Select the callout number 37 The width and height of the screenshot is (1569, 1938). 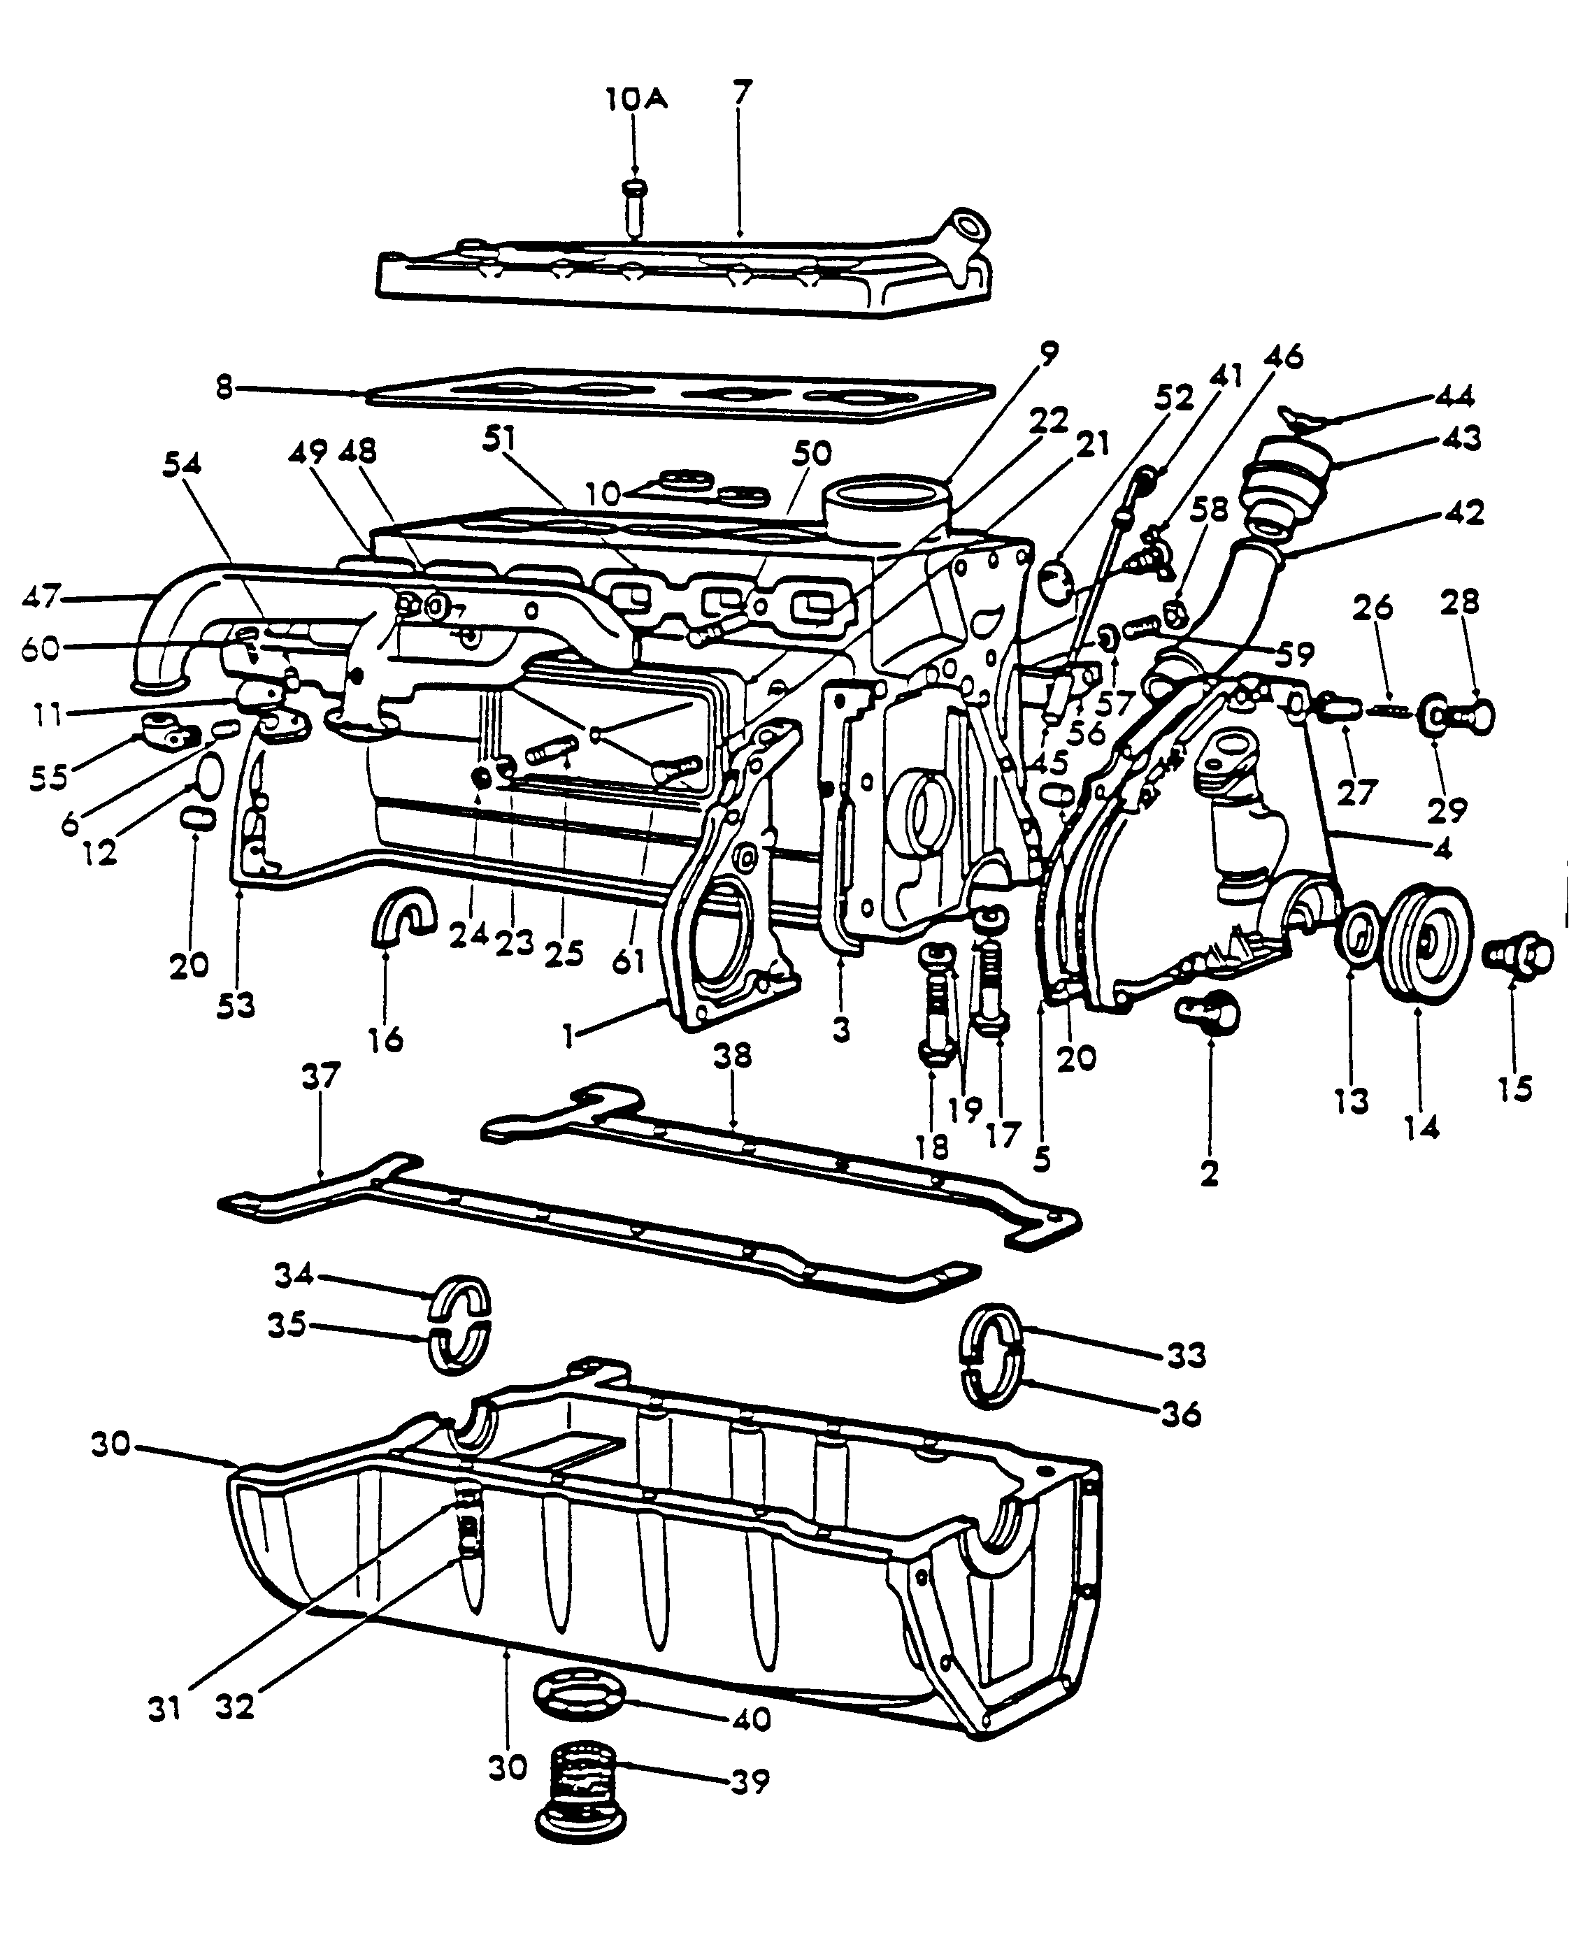click(321, 1077)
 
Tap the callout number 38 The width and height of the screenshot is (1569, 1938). click(732, 1055)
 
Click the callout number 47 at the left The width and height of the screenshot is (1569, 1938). click(41, 596)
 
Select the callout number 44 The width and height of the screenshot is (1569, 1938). click(1455, 396)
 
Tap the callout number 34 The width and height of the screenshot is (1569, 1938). click(293, 1275)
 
